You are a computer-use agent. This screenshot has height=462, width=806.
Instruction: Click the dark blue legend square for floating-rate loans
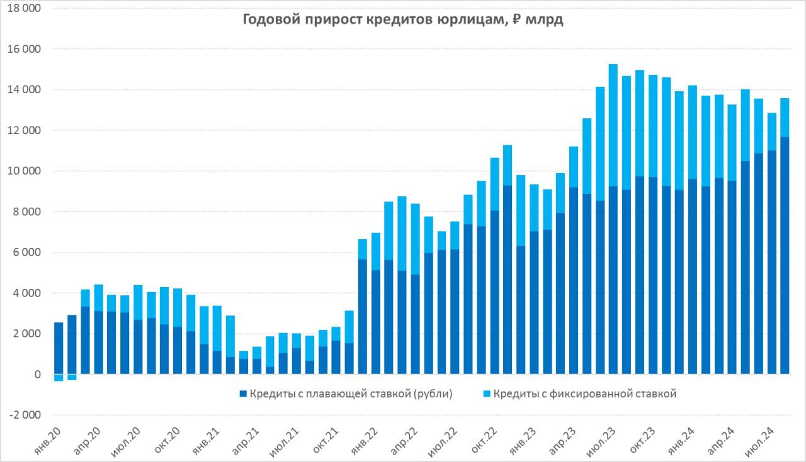(242, 395)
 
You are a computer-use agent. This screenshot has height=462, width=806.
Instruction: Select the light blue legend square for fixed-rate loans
(487, 395)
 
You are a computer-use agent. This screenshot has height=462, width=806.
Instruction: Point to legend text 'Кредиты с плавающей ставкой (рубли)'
(351, 395)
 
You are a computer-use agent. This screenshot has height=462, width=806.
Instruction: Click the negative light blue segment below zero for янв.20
(59, 378)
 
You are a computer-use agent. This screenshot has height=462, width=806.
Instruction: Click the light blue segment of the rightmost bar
(785, 117)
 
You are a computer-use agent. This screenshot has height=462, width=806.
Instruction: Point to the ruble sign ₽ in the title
(516, 20)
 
